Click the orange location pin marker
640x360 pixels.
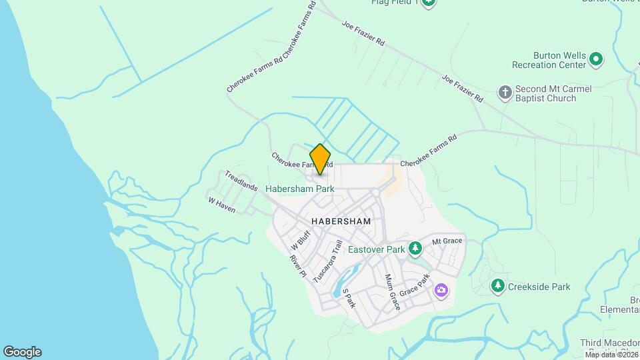[x=320, y=159]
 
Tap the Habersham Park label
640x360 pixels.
[x=299, y=189]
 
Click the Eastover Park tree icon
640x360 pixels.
[x=415, y=249]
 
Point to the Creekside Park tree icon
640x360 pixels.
[x=497, y=286]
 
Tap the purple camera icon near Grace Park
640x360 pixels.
[x=441, y=290]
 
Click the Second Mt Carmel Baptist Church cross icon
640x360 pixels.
[x=505, y=92]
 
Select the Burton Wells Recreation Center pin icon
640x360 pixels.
[x=596, y=60]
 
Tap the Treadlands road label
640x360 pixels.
[x=241, y=181]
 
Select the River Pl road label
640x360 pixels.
[x=297, y=265]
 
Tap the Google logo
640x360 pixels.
[x=22, y=352]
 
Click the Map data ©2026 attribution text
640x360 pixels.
[x=611, y=355]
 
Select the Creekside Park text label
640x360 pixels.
[x=539, y=287]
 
